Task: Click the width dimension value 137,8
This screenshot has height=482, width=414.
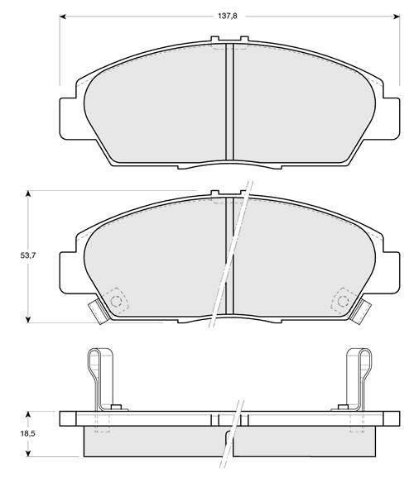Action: coord(228,16)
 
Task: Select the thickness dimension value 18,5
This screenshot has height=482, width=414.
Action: coord(28,433)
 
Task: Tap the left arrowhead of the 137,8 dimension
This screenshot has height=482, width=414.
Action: coord(62,17)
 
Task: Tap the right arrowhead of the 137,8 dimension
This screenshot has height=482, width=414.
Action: coord(397,17)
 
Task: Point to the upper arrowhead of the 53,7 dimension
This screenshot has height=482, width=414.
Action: coord(28,193)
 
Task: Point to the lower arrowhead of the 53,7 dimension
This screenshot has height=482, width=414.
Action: coord(28,319)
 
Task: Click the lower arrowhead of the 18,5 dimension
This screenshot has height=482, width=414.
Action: coord(28,453)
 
